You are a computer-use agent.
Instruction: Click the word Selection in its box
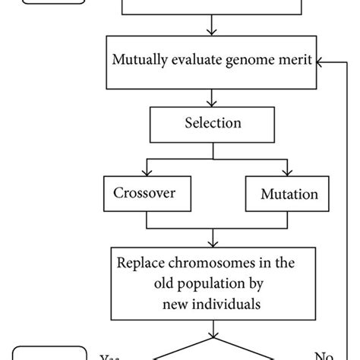click(x=212, y=122)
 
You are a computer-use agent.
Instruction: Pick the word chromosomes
click(x=209, y=264)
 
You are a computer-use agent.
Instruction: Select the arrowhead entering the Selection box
click(x=212, y=103)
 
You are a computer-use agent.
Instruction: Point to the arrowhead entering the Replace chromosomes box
click(x=212, y=242)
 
